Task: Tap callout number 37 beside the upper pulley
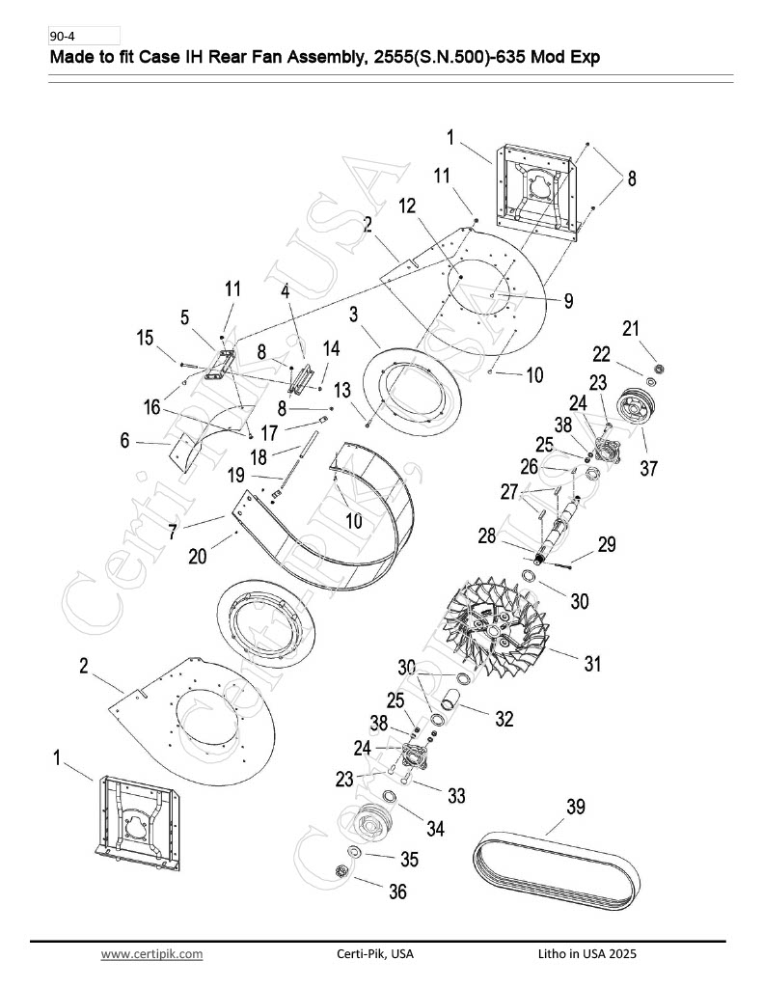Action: [x=648, y=468]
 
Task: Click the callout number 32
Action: [x=504, y=719]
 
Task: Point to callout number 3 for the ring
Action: [x=353, y=314]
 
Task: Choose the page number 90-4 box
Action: [x=84, y=36]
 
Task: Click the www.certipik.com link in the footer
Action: [x=151, y=954]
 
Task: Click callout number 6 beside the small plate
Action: [x=124, y=440]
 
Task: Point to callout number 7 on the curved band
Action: [x=173, y=532]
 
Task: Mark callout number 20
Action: [x=197, y=557]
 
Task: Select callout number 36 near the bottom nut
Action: [x=397, y=891]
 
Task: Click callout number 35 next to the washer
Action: [x=410, y=859]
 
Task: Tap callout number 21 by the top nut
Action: [x=631, y=328]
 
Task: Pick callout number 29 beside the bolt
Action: [x=606, y=544]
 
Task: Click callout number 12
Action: [x=408, y=206]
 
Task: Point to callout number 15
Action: [x=145, y=338]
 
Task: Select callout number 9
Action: [x=568, y=301]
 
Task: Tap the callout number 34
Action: [x=435, y=829]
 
